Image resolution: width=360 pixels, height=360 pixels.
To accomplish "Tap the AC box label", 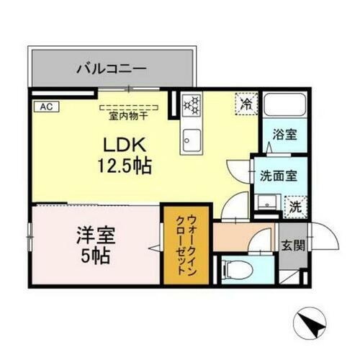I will [x=45, y=107].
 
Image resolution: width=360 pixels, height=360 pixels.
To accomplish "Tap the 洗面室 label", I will [x=274, y=174].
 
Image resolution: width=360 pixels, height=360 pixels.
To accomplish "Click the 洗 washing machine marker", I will [x=295, y=205].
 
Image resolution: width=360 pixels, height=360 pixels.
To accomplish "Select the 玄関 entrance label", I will [x=292, y=244].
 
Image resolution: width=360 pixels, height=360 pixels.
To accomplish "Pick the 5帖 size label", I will [x=95, y=256].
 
